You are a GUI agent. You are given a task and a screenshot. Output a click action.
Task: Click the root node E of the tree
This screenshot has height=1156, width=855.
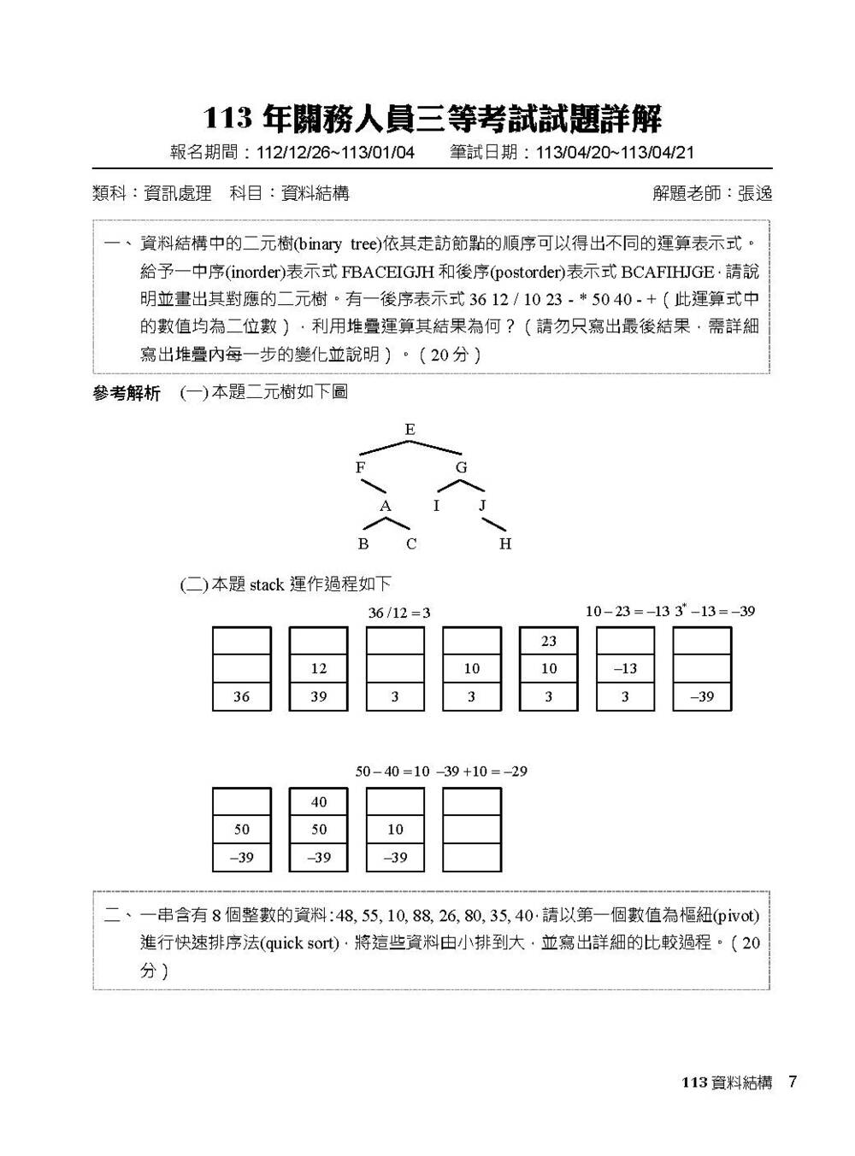tap(410, 430)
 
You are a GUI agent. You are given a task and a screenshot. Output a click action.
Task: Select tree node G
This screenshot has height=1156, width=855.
tap(462, 467)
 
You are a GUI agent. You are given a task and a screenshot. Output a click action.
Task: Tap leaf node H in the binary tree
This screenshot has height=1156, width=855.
tap(505, 544)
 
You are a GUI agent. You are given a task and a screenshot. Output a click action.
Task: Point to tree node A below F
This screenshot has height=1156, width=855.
tap(386, 507)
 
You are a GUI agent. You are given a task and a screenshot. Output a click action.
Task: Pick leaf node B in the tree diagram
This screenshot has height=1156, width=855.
tap(363, 544)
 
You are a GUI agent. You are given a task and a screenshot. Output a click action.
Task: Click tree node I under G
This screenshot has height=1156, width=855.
tap(436, 506)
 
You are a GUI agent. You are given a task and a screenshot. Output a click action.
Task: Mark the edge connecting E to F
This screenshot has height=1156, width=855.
tap(384, 447)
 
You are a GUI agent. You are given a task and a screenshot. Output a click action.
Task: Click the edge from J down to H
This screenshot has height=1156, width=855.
tap(494, 523)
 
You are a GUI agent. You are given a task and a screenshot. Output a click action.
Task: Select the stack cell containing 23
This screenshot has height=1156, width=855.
tap(549, 641)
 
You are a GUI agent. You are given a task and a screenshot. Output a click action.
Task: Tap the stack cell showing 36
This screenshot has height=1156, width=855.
tap(242, 696)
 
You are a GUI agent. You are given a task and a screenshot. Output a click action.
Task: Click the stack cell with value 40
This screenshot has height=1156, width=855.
tap(319, 801)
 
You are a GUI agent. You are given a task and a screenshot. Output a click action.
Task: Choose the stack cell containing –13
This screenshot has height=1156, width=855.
tap(625, 669)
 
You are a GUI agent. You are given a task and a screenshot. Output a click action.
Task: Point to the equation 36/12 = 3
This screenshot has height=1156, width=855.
tap(399, 613)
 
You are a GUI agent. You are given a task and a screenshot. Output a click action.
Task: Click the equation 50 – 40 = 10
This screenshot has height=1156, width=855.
tap(392, 772)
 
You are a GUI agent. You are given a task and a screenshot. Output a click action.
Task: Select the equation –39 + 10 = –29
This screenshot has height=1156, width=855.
tap(481, 772)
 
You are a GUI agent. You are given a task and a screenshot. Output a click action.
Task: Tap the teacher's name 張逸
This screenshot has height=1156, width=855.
tap(755, 194)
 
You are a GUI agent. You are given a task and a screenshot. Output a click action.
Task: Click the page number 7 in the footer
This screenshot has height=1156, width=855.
tap(793, 1083)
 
